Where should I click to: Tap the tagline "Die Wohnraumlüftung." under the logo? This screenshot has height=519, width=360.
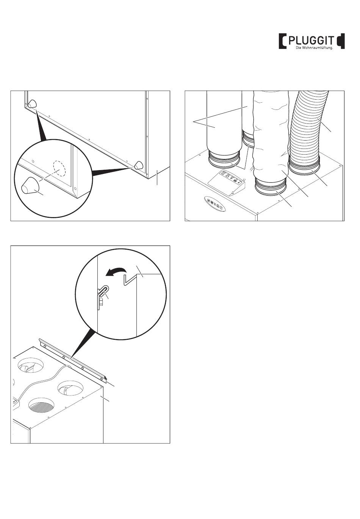[x=314, y=48]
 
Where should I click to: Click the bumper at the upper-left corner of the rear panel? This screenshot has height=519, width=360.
[x=32, y=103]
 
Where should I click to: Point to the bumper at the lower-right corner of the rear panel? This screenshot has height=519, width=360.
[x=139, y=165]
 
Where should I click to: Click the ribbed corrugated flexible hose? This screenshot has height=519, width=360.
[x=307, y=125]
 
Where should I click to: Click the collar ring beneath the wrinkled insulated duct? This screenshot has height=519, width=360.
[x=270, y=186]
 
